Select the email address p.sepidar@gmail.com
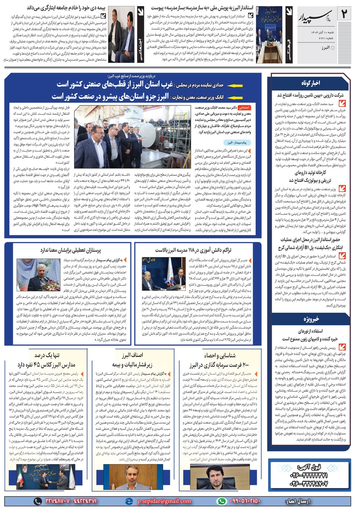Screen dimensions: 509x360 164,501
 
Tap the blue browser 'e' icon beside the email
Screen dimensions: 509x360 129,501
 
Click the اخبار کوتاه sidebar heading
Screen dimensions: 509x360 310,83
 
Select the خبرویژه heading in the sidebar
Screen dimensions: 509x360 310,319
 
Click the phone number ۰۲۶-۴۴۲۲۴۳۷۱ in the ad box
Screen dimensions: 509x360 309,476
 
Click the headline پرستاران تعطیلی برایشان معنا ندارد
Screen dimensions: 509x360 71,250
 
